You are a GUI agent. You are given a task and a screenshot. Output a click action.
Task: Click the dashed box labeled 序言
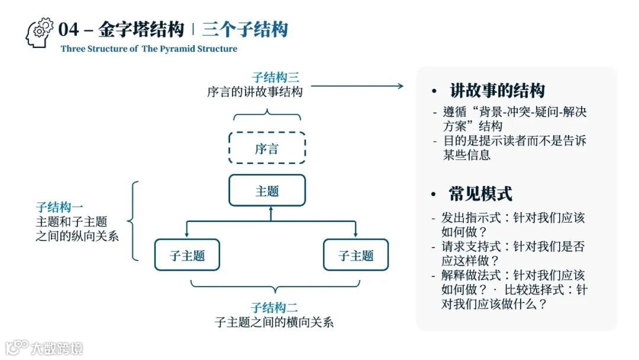267,148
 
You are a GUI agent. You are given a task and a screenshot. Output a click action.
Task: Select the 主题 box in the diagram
267,191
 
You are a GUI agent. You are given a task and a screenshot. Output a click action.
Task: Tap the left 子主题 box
187,255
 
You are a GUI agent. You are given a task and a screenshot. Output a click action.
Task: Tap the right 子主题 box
356,255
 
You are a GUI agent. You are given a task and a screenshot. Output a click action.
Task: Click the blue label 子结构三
275,78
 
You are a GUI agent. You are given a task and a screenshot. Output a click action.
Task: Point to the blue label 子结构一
59,207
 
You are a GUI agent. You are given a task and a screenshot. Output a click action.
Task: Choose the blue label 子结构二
274,308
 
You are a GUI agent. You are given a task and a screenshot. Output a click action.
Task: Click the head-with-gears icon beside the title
40,33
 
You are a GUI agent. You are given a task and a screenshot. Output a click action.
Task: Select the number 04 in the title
69,29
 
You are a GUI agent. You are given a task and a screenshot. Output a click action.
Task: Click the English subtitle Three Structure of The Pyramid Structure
149,49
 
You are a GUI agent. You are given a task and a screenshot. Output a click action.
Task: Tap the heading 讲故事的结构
497,91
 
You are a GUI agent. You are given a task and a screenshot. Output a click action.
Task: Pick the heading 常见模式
480,194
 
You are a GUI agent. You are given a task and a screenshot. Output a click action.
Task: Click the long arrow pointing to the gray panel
356,86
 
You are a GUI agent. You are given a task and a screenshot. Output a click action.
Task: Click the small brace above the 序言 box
267,112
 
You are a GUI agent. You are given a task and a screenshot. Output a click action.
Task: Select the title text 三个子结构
244,29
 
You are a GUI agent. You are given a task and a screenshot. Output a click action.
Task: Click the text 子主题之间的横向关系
274,323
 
